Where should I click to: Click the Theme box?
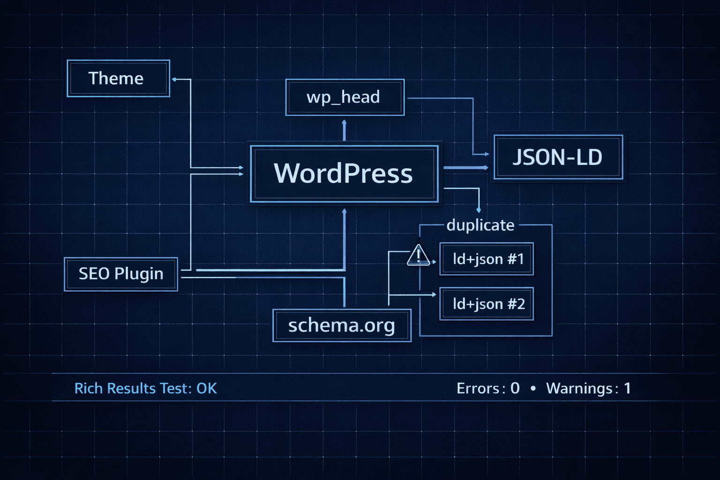[118, 78]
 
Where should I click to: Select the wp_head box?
[345, 97]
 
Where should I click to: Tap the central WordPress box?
[344, 174]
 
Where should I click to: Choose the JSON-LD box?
[558, 157]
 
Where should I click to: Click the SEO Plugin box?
[121, 274]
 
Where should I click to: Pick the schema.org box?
[342, 325]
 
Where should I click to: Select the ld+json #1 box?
[487, 259]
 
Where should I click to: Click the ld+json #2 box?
[487, 304]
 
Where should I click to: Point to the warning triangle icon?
[418, 256]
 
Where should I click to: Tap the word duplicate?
[480, 225]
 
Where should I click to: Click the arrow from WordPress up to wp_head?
[344, 130]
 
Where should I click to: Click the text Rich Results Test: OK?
[146, 388]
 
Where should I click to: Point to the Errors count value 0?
[515, 388]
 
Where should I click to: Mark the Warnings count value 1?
[627, 388]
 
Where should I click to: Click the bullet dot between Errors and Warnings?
[533, 388]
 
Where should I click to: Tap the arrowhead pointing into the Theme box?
[174, 79]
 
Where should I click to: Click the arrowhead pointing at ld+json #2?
[434, 295]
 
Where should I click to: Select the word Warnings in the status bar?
[579, 388]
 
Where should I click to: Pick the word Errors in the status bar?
[478, 388]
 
